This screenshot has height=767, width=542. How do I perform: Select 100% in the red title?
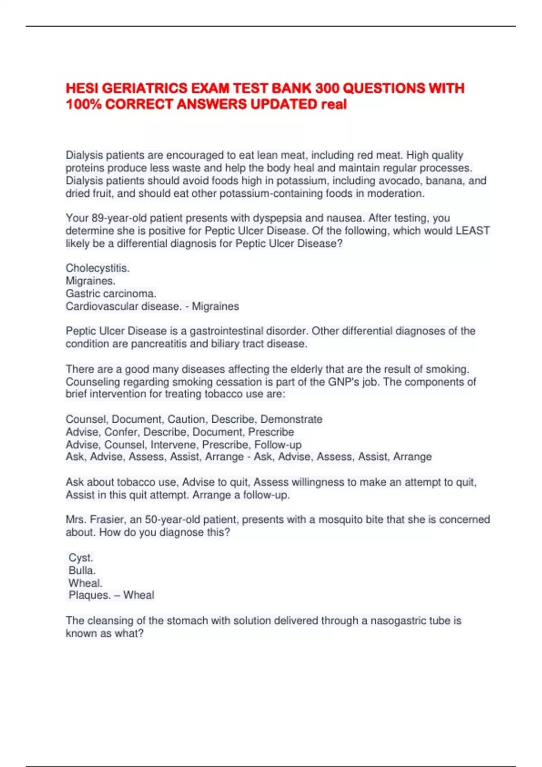pyautogui.click(x=83, y=104)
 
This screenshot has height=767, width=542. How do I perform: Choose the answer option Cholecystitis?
pyautogui.click(x=98, y=268)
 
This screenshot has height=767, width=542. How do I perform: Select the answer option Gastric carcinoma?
pyautogui.click(x=111, y=293)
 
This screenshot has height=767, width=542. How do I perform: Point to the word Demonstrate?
pyautogui.click(x=291, y=419)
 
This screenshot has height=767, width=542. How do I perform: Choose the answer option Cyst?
pyautogui.click(x=80, y=558)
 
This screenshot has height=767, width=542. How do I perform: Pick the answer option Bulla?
pyautogui.click(x=82, y=570)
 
